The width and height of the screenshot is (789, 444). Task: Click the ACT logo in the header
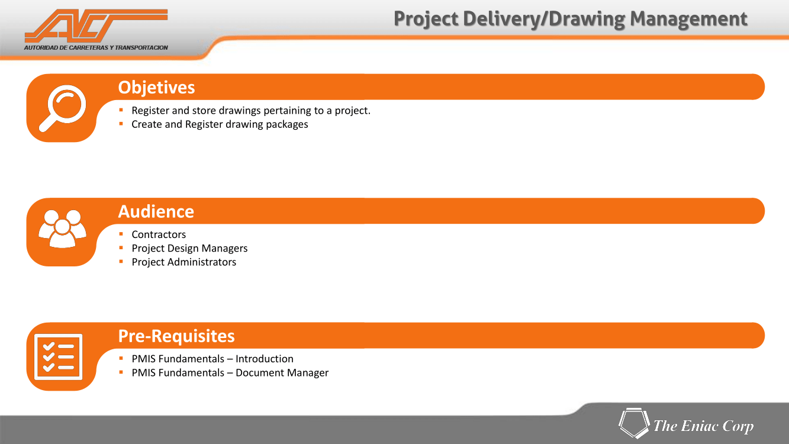[96, 26]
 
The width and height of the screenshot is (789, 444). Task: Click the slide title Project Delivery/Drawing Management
[570, 19]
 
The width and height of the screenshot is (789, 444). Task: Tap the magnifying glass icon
[62, 108]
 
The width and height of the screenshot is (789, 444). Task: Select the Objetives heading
[156, 88]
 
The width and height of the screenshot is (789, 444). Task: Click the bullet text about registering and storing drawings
[251, 111]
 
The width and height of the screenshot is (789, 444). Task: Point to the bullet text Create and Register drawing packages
[220, 124]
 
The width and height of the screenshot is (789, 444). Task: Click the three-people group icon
[62, 229]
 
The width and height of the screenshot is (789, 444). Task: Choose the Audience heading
[156, 211]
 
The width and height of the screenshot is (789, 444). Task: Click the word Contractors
[159, 234]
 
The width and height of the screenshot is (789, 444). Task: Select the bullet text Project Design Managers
[189, 249]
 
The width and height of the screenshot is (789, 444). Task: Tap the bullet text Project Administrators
[184, 262]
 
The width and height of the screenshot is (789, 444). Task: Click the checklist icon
[59, 357]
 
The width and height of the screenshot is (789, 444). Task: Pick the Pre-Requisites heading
[176, 336]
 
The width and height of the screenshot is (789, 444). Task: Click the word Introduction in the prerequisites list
[264, 359]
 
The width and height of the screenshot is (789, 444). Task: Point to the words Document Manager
[282, 373]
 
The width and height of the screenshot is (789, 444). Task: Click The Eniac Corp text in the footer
[703, 426]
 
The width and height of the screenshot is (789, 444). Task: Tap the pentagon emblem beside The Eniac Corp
[634, 423]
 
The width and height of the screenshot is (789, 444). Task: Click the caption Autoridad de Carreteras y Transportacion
[96, 47]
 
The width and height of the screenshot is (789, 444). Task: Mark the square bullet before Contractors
[121, 234]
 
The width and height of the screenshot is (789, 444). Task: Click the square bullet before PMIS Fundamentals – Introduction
[121, 358]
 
